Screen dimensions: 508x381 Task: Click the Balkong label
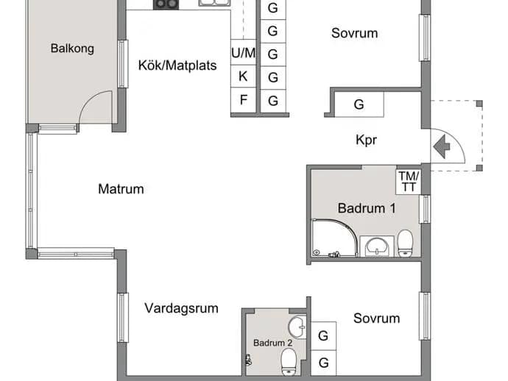click(72, 49)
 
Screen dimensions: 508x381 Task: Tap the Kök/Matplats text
click(177, 65)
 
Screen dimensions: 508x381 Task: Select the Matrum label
click(121, 189)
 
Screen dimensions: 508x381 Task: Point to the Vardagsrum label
click(181, 308)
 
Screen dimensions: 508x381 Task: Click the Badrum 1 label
click(367, 208)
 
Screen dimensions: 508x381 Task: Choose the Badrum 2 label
click(272, 343)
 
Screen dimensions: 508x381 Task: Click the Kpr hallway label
click(366, 140)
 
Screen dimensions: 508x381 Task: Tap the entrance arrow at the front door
click(441, 146)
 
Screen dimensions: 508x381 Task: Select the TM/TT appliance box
click(408, 182)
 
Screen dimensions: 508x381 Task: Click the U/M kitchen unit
click(243, 52)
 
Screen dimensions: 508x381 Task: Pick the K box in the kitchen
click(243, 76)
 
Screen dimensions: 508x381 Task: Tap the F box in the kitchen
click(243, 100)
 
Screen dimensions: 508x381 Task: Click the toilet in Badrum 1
click(405, 243)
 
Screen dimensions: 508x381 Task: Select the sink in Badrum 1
click(377, 246)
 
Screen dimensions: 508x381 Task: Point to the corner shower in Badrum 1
click(334, 238)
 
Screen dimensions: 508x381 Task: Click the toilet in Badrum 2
click(289, 362)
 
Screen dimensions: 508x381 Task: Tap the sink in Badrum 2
click(297, 327)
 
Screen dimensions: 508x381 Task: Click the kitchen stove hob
click(166, 4)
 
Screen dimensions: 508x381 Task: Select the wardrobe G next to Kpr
click(359, 104)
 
